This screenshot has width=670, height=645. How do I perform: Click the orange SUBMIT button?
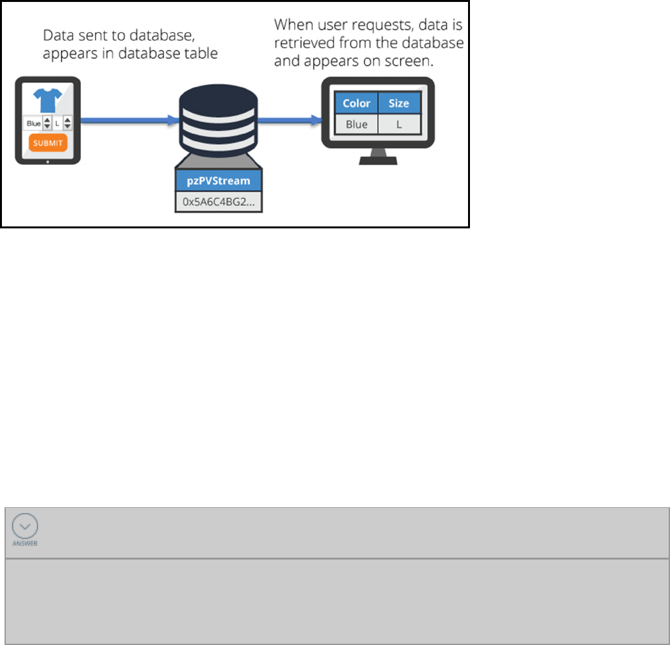[x=47, y=142]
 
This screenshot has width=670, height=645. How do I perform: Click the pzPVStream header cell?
[x=214, y=180]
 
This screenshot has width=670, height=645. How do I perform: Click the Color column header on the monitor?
[x=357, y=104]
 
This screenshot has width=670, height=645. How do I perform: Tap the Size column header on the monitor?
[x=399, y=104]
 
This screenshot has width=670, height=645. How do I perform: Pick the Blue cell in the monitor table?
[x=357, y=124]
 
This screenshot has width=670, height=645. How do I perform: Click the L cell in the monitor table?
[x=399, y=124]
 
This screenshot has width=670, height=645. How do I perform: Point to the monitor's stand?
[x=378, y=157]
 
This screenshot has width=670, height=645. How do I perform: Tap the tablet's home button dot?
[x=48, y=161]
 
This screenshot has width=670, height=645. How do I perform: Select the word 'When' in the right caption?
[x=292, y=26]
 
